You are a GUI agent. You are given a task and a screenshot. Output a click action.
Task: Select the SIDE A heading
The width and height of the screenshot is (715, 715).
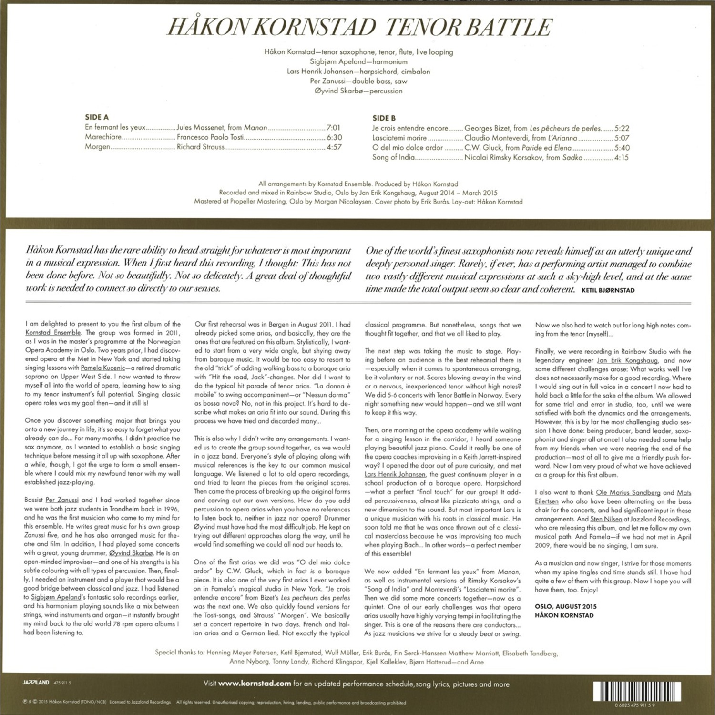pyautogui.click(x=97, y=117)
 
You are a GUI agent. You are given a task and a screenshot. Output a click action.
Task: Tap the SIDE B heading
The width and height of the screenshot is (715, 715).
pyautogui.click(x=384, y=118)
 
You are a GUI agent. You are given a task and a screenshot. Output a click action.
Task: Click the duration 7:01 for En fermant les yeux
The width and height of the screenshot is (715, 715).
pyautogui.click(x=334, y=128)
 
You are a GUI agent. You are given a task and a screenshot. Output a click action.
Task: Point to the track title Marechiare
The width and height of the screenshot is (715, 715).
pyautogui.click(x=103, y=137)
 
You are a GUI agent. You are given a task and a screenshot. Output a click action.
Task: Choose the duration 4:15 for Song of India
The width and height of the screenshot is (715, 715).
pyautogui.click(x=622, y=157)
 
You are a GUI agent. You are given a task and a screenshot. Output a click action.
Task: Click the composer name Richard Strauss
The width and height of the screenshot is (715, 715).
pyautogui.click(x=200, y=147)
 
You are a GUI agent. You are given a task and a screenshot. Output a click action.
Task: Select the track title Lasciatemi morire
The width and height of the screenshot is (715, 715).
pyautogui.click(x=399, y=138)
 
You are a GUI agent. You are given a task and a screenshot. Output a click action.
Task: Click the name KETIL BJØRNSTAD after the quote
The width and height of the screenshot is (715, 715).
pyautogui.click(x=608, y=290)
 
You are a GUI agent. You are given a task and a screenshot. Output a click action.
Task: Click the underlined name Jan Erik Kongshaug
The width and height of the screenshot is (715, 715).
pyautogui.click(x=627, y=360)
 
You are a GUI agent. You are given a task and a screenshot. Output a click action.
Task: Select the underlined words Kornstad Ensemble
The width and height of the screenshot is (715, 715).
pyautogui.click(x=53, y=333)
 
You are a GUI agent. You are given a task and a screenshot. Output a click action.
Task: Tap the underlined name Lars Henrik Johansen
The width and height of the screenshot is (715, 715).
pyautogui.click(x=395, y=474)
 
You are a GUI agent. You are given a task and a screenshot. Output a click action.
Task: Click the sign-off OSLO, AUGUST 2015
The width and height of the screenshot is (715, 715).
pyautogui.click(x=566, y=606)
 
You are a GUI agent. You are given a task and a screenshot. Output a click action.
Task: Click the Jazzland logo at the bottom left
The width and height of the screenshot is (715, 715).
pyautogui.click(x=36, y=683)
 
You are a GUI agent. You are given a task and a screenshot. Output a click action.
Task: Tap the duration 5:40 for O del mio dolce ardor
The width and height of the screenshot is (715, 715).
pyautogui.click(x=622, y=148)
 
